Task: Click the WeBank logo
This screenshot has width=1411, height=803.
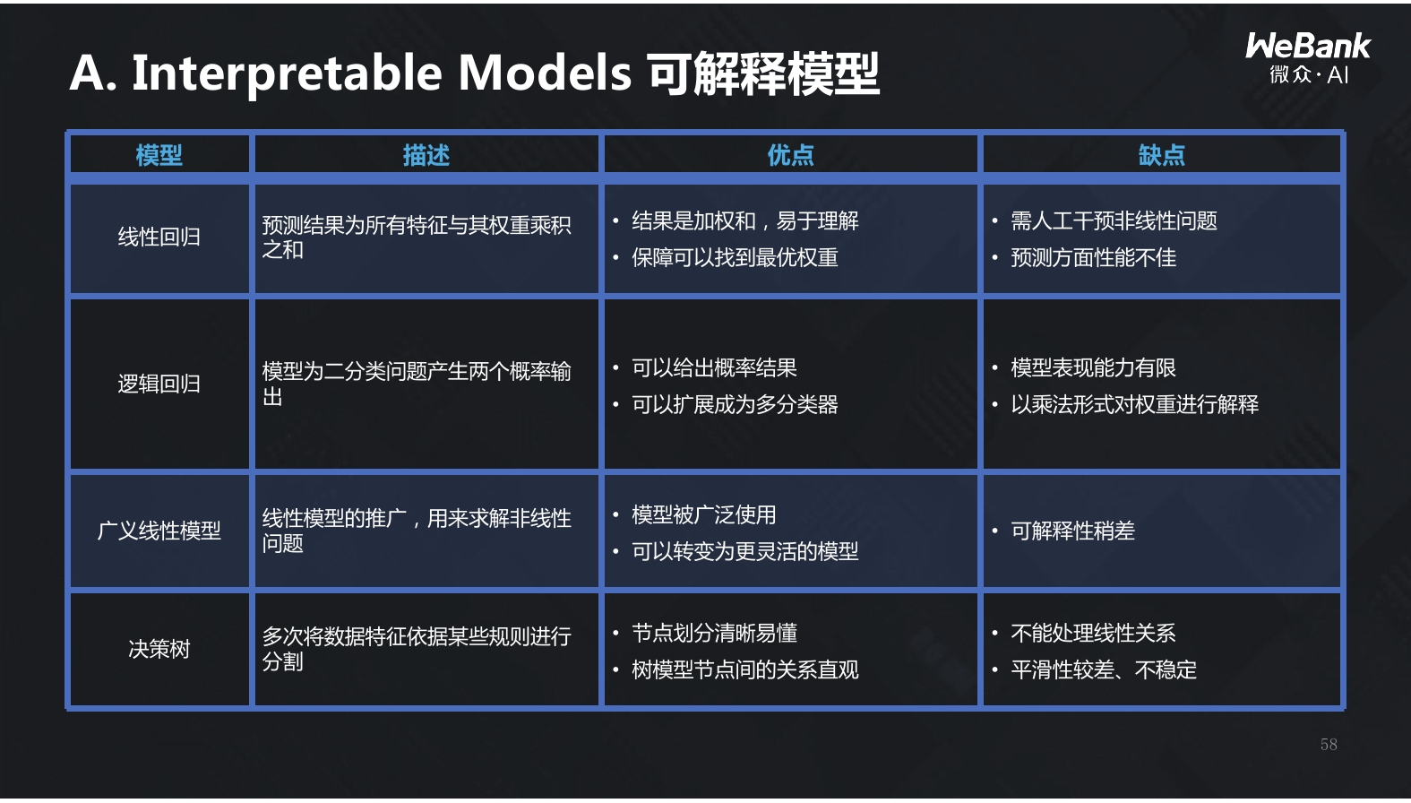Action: tap(1308, 58)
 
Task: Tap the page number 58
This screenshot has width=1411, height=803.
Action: tap(1329, 745)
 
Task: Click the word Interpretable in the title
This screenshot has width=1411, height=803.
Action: tap(286, 73)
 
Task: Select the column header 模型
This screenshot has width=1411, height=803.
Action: tap(159, 155)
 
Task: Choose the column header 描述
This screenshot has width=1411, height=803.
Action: tap(426, 155)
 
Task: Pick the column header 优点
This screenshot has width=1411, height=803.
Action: tap(790, 155)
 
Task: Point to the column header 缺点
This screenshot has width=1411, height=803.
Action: tap(1162, 155)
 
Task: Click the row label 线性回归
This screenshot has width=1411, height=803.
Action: tap(159, 237)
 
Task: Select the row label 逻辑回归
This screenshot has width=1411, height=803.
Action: tap(159, 384)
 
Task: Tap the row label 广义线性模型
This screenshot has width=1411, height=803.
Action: tap(159, 531)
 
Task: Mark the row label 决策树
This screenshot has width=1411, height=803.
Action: tap(159, 649)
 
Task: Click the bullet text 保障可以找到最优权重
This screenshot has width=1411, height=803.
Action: tap(736, 258)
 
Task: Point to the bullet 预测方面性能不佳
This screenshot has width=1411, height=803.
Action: tap(1094, 258)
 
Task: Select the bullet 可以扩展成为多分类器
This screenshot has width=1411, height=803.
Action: tap(736, 405)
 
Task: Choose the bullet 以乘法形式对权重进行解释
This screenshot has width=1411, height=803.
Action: tap(1134, 405)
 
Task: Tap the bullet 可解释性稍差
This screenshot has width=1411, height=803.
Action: tap(1072, 531)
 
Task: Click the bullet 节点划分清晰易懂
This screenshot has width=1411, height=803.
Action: tap(714, 633)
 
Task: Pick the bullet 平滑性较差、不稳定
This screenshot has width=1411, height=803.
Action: tap(1104, 669)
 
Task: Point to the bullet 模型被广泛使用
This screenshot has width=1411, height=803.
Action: tap(703, 515)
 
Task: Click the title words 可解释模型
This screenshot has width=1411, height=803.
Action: tap(763, 73)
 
